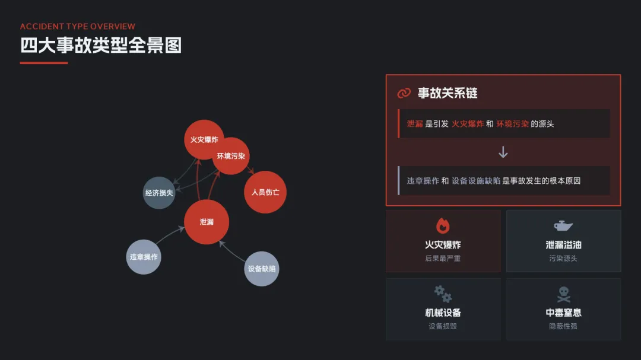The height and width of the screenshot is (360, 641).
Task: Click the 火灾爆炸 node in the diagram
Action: pyautogui.click(x=204, y=139)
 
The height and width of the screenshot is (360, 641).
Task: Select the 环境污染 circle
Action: pyautogui.click(x=231, y=156)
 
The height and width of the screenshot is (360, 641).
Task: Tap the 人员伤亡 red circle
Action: pyautogui.click(x=265, y=192)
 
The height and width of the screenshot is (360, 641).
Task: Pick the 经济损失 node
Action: pyautogui.click(x=159, y=193)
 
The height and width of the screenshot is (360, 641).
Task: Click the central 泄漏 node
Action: pyautogui.click(x=207, y=222)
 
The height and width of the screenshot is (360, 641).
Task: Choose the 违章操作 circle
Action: pyautogui.click(x=144, y=257)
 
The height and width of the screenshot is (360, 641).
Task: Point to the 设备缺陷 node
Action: pyautogui.click(x=262, y=269)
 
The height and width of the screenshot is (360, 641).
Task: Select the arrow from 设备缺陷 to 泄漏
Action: pyautogui.click(x=233, y=253)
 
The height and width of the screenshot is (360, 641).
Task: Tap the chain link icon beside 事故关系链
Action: pyautogui.click(x=404, y=93)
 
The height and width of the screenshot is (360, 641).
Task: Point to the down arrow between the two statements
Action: pyautogui.click(x=503, y=152)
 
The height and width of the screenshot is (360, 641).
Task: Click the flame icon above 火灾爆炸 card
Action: pyautogui.click(x=443, y=225)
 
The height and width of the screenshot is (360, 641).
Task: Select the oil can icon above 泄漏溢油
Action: pyautogui.click(x=563, y=225)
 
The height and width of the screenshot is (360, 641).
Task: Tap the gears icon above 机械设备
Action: pyautogui.click(x=443, y=293)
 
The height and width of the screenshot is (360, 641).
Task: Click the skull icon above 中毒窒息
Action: pyautogui.click(x=563, y=294)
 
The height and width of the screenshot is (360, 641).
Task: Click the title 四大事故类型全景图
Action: pyautogui.click(x=101, y=45)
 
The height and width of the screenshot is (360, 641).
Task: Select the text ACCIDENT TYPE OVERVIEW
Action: pyautogui.click(x=78, y=27)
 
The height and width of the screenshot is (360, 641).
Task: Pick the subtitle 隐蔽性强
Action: pyautogui.click(x=563, y=326)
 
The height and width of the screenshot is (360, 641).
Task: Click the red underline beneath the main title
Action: pyautogui.click(x=44, y=63)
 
